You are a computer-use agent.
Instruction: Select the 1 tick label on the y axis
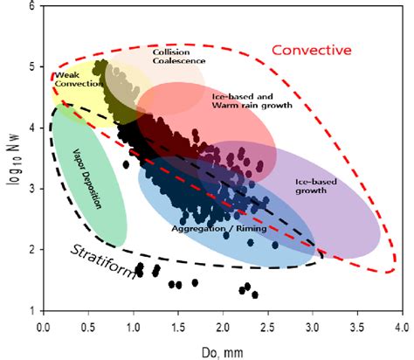pyautogui.click(x=31, y=310)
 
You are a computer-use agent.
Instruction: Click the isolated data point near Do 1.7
pyautogui.click(x=195, y=282)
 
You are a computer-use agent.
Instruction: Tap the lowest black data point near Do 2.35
pyautogui.click(x=254, y=294)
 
